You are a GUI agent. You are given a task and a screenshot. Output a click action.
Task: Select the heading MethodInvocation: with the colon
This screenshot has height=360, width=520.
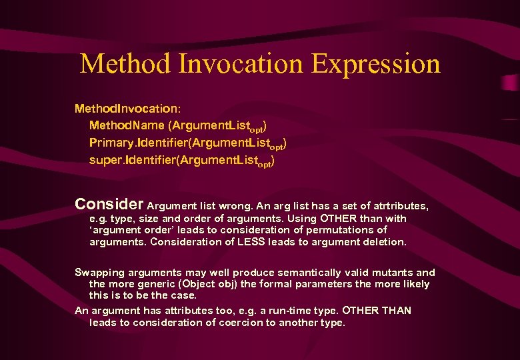point(127,107)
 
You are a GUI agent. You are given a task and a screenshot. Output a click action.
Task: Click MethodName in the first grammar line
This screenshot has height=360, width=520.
point(121,125)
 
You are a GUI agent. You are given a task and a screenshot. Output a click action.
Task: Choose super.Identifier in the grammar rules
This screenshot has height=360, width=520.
point(132,161)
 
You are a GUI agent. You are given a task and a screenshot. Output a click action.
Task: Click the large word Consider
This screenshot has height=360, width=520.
point(109,203)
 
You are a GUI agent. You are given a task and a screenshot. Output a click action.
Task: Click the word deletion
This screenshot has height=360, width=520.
point(383,242)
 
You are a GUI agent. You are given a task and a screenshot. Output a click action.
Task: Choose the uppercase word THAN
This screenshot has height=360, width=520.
point(397,311)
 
